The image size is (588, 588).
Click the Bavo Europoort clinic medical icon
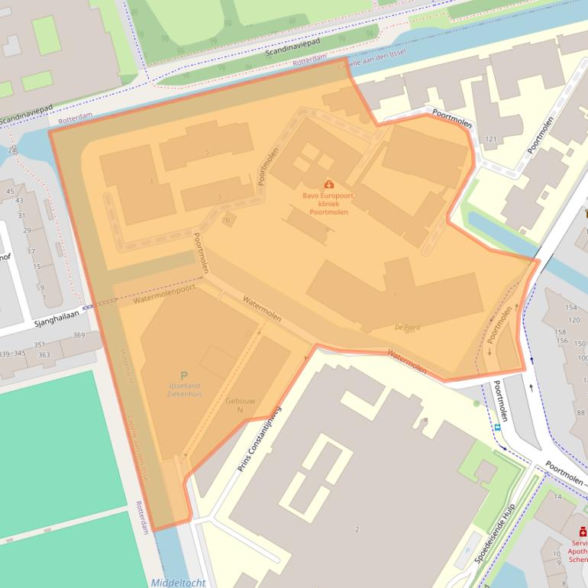coord(329,184)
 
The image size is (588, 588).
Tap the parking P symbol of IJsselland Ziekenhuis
coord(183,375)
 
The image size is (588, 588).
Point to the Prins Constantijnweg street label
coord(259,439)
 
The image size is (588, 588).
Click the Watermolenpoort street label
coord(163,294)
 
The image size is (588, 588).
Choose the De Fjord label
coord(407,328)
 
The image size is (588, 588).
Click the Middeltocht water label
coord(178,583)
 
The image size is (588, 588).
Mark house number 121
coord(490,139)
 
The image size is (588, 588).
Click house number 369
coord(79,335)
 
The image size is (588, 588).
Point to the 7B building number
coord(225,221)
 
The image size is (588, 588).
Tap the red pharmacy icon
coord(582,531)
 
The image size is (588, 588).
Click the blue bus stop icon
coord(497,428)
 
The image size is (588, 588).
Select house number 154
coord(571,307)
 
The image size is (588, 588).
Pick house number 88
coord(581,412)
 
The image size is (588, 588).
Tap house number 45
coord(11,192)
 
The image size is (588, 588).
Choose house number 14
coord(557,496)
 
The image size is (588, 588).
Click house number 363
coord(44,354)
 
